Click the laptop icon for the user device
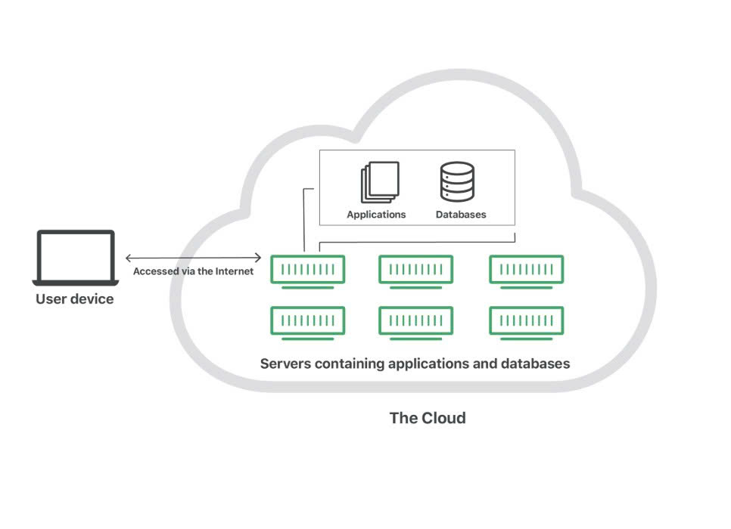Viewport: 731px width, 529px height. [x=75, y=258]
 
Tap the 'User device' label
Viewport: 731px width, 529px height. [x=75, y=299]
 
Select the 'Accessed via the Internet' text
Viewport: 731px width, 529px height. [x=193, y=271]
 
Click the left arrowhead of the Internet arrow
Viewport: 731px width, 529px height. [x=129, y=258]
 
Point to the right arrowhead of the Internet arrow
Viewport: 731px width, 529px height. [x=259, y=258]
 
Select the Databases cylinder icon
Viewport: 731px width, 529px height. [x=457, y=182]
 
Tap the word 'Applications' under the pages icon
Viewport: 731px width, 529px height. [x=376, y=215]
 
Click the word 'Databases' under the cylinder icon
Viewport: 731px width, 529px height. [x=461, y=215]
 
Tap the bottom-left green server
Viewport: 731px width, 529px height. [x=307, y=322]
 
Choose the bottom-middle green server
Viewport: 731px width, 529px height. [x=415, y=322]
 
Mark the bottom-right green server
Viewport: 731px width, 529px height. [x=526, y=322]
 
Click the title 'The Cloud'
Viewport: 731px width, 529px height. [x=428, y=418]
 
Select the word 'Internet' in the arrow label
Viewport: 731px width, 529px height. [x=235, y=271]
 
